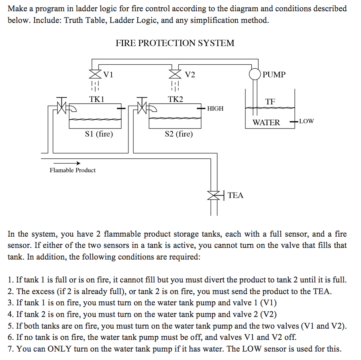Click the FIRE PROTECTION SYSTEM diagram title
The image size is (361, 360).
click(x=175, y=43)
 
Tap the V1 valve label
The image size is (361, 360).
click(x=108, y=74)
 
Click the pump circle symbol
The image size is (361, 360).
click(x=255, y=74)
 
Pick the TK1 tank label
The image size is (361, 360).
click(x=96, y=99)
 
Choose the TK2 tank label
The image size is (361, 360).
click(x=175, y=99)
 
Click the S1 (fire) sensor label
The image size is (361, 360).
click(x=99, y=134)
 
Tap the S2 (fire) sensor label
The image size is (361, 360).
click(x=179, y=134)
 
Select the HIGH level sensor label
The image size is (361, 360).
click(x=216, y=108)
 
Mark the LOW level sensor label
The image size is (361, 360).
click(x=306, y=121)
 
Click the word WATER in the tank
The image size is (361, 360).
click(x=266, y=123)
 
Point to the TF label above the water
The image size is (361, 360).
click(x=270, y=102)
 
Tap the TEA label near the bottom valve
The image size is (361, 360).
click(x=235, y=195)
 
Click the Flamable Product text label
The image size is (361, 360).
click(x=73, y=170)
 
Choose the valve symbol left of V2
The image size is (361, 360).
click(x=175, y=74)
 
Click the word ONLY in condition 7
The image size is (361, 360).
click(x=59, y=349)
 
